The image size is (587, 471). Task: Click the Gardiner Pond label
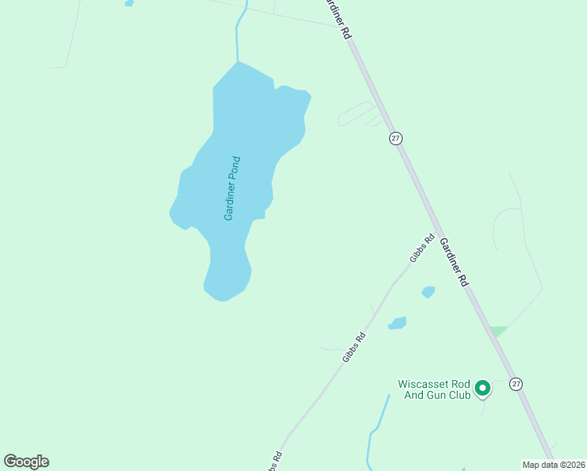pos(232,188)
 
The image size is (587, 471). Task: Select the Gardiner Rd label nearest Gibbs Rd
pos(454,261)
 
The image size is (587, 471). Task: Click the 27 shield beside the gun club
pos(516,384)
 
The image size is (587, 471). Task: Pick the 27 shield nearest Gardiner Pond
pos(396,138)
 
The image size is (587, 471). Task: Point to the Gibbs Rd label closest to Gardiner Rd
pos(421,249)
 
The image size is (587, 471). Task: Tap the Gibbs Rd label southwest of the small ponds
pos(355,347)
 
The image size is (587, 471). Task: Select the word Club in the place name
pos(458,395)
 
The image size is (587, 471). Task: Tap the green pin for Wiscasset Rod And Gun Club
pos(483,388)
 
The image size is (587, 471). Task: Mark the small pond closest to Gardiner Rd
pos(428,292)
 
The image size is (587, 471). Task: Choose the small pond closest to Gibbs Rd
pos(398,323)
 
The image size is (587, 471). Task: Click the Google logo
pos(26,462)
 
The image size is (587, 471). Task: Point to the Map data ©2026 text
pos(553,464)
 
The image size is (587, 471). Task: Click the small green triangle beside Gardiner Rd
pos(497,331)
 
